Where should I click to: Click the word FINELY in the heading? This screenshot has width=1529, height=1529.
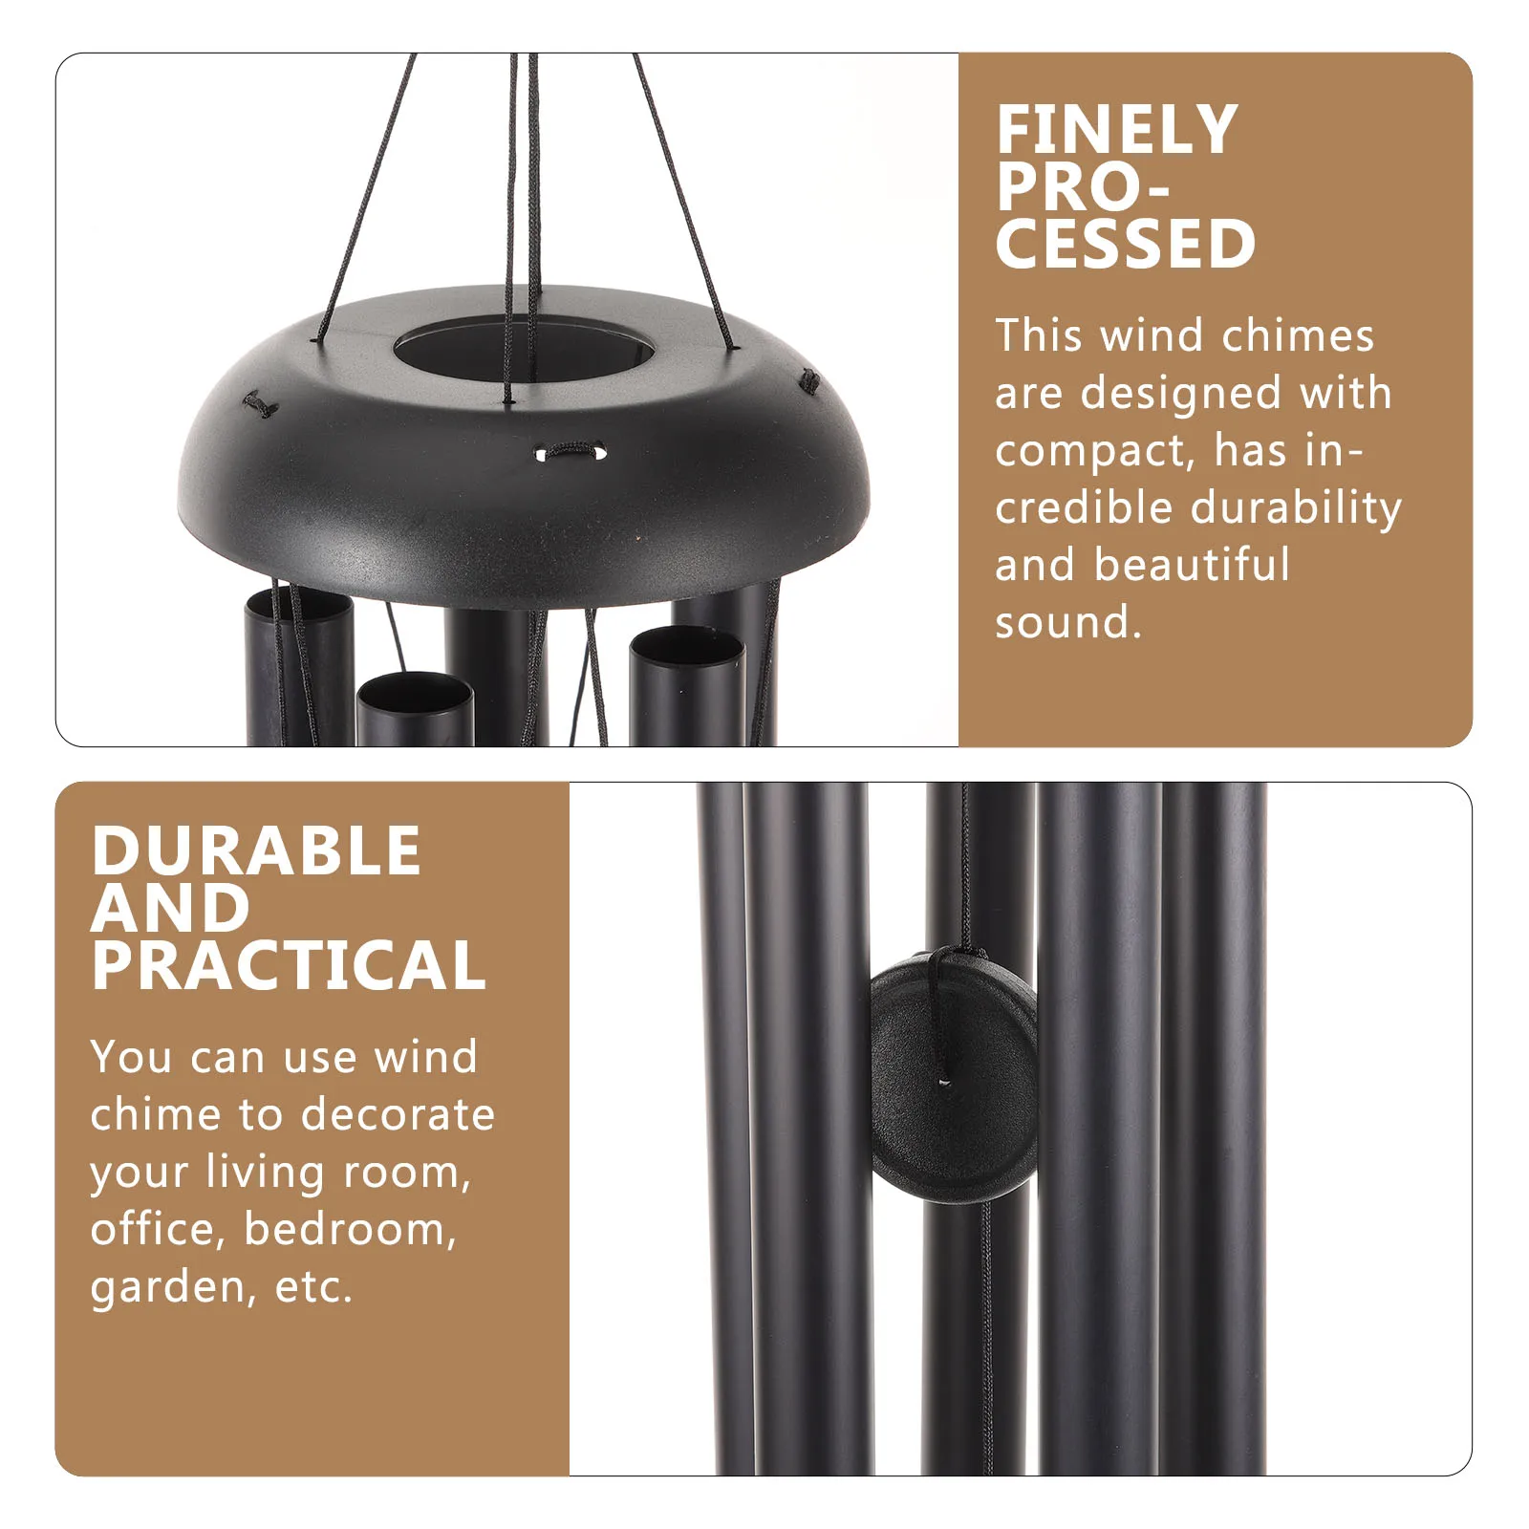point(1116,130)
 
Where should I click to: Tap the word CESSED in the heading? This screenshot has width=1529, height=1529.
point(1125,245)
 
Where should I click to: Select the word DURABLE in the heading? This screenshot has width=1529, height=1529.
point(256,851)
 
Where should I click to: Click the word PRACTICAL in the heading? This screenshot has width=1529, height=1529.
point(289,966)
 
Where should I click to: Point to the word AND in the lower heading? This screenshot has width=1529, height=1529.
point(170,909)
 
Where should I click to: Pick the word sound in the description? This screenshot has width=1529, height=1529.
point(1066,623)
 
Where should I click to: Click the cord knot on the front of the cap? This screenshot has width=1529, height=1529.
point(571,451)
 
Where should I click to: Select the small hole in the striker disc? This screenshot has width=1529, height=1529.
point(944,1083)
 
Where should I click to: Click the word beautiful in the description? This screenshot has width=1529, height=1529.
point(1192,566)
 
